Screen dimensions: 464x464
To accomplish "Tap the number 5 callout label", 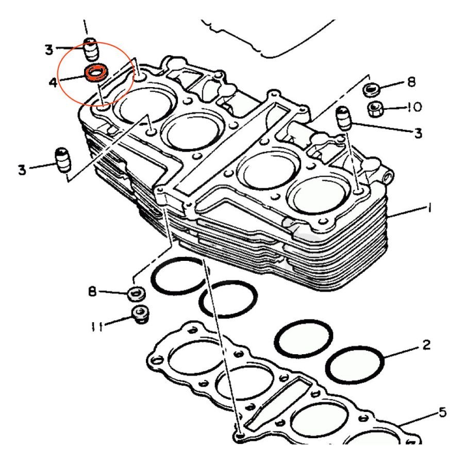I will pyautogui.click(x=442, y=412).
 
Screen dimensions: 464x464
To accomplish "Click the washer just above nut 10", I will pyautogui.click(x=371, y=89).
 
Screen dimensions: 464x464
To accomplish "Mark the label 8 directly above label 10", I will pyautogui.click(x=411, y=82).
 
